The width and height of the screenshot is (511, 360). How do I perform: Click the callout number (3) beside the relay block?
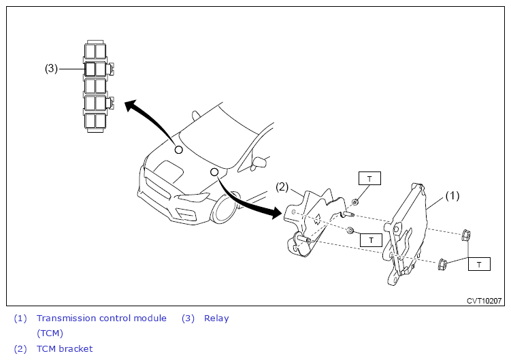point(51,68)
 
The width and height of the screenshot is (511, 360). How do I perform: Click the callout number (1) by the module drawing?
point(452,196)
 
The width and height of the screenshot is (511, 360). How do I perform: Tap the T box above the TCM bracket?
point(369,178)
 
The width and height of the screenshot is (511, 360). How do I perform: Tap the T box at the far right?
point(479,263)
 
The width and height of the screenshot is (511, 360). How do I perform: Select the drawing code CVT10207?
point(484,300)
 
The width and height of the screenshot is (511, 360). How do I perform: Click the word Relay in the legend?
point(216,318)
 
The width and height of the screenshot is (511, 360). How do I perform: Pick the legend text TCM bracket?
point(64,349)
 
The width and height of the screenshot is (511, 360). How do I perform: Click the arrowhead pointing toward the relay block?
point(131,107)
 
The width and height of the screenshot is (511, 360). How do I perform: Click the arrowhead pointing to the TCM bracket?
point(276,214)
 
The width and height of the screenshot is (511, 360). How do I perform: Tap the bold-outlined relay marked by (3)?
point(90,68)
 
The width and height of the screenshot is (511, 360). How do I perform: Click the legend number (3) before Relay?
point(188,318)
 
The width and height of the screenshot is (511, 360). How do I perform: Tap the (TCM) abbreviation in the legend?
point(50,333)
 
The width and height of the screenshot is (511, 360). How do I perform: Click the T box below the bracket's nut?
point(371,240)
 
